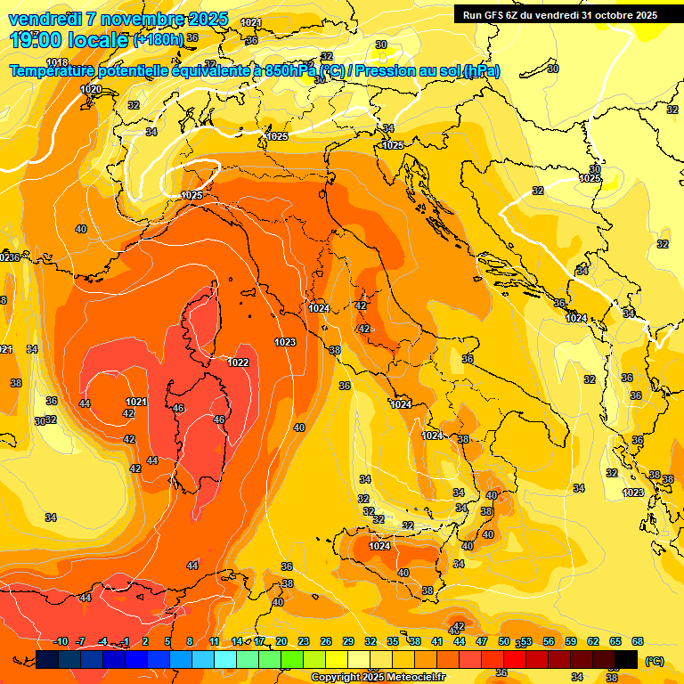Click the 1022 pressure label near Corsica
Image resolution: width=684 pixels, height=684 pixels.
pyautogui.click(x=238, y=362)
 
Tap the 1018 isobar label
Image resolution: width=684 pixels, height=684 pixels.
pyautogui.click(x=57, y=62)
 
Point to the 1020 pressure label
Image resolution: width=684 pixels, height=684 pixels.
pyautogui.click(x=91, y=89)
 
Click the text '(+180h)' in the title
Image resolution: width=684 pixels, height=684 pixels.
pyautogui.click(x=159, y=39)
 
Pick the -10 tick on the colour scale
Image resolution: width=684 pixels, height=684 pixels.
pyautogui.click(x=61, y=641)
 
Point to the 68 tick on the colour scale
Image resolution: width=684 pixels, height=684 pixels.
pyautogui.click(x=638, y=641)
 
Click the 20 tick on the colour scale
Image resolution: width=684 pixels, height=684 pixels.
pyautogui.click(x=281, y=641)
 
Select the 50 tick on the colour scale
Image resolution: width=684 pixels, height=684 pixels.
pyautogui.click(x=504, y=641)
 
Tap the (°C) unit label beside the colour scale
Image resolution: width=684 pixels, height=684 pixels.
pyautogui.click(x=655, y=660)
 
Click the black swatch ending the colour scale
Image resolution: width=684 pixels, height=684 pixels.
pyautogui.click(x=626, y=659)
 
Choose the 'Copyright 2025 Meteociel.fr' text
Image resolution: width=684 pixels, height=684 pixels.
pyautogui.click(x=378, y=677)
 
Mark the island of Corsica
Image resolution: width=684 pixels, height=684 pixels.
pyautogui.click(x=201, y=321)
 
